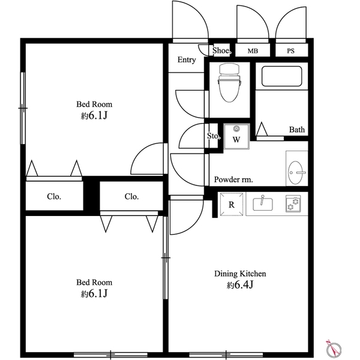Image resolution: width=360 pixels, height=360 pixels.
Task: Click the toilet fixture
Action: (229, 83)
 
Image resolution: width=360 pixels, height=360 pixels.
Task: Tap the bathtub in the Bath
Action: (281, 76)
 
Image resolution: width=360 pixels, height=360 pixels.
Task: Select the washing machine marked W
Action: (236, 136)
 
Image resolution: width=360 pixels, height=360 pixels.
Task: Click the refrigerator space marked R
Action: (232, 204)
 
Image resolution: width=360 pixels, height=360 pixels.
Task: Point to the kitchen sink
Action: (263, 203)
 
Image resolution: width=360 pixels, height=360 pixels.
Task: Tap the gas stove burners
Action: (293, 203)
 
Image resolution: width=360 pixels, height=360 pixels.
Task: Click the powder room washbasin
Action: (296, 172)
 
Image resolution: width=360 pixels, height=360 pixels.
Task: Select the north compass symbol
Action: (334, 349)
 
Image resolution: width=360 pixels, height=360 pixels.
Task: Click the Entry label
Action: (187, 59)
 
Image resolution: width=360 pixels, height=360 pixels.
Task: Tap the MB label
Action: (253, 51)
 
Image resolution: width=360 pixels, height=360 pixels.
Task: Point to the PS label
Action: (290, 51)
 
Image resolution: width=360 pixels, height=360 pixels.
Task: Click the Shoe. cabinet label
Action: (221, 50)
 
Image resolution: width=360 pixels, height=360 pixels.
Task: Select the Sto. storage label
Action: (214, 136)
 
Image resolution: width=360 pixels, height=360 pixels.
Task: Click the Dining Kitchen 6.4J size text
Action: (240, 285)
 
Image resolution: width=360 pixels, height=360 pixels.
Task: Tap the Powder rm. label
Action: (233, 179)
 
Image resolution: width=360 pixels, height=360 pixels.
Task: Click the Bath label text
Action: (297, 130)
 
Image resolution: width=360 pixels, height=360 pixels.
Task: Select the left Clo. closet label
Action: (54, 197)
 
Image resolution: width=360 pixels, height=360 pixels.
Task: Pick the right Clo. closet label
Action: (131, 197)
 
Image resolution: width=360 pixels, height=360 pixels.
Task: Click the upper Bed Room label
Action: (94, 104)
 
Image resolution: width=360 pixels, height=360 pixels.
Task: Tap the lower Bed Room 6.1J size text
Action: (94, 293)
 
